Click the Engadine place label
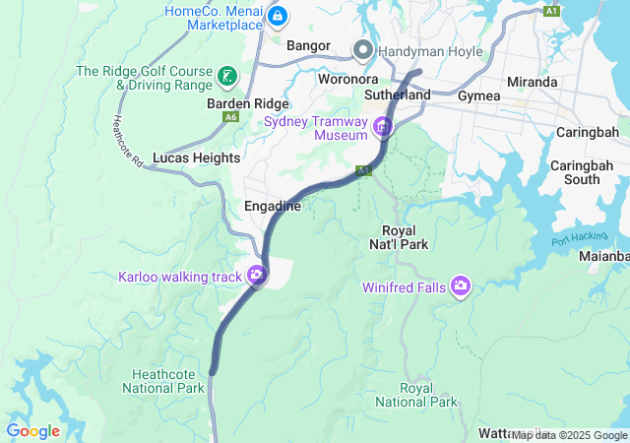[274, 206]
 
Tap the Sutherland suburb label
[398, 95]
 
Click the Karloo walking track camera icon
[257, 276]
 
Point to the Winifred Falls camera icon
[460, 286]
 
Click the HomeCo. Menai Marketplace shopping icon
[277, 17]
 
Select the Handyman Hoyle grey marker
[364, 49]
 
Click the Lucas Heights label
[197, 158]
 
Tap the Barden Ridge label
[247, 103]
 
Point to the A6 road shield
[230, 117]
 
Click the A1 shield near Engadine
[363, 170]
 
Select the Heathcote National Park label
[164, 380]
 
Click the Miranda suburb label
[532, 82]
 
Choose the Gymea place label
[479, 95]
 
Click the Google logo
[32, 431]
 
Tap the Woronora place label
[348, 79]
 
